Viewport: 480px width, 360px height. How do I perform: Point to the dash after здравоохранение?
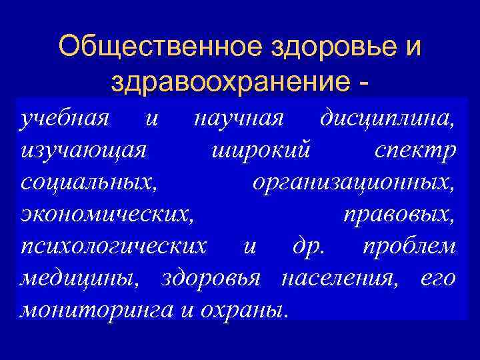click(363, 83)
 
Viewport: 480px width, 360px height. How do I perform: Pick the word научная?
click(239, 119)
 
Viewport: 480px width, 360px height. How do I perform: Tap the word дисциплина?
click(389, 120)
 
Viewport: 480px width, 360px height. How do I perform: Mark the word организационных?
click(354, 183)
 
